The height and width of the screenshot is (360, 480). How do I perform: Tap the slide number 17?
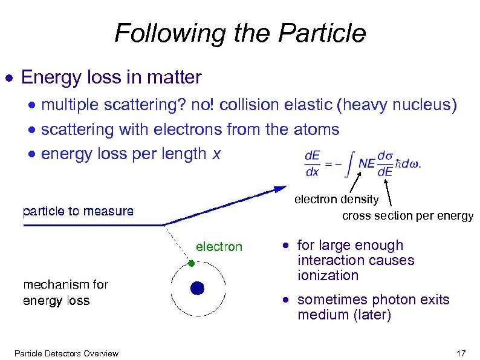(462, 353)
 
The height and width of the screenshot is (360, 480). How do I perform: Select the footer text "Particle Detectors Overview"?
(66, 353)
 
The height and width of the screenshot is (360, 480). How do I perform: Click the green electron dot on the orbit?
(191, 264)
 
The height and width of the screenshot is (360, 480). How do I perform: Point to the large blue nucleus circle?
(197, 288)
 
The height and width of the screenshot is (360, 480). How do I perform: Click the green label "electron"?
(219, 246)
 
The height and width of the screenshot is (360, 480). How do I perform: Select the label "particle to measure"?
(78, 211)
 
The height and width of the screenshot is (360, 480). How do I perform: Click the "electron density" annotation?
(336, 199)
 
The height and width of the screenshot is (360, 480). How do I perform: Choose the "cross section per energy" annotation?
(407, 216)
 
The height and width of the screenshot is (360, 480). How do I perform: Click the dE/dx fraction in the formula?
(313, 163)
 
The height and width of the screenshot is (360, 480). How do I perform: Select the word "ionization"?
(328, 275)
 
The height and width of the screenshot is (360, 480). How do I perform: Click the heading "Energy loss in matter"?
(111, 77)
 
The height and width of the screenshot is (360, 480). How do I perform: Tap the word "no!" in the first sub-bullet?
(203, 105)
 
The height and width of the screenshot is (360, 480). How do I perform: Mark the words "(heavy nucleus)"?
(397, 105)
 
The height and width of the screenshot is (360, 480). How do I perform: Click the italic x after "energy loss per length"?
(215, 154)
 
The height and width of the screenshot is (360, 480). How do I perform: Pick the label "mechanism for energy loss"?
(65, 292)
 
